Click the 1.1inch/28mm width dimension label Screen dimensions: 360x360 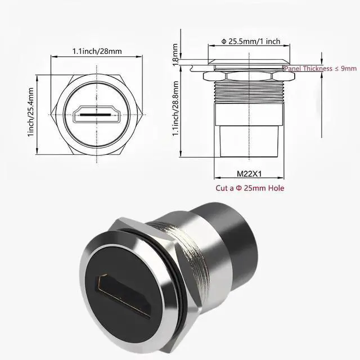pyautogui.click(x=97, y=51)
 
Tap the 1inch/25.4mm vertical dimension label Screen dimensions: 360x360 pyautogui.click(x=31, y=112)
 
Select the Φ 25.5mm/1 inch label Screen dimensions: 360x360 pyautogui.click(x=251, y=41)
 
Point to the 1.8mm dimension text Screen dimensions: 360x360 pyautogui.click(x=175, y=55)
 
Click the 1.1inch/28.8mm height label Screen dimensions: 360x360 pyautogui.click(x=175, y=109)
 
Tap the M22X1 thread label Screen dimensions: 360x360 pyautogui.click(x=249, y=174)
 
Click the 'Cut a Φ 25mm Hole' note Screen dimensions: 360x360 pyautogui.click(x=250, y=188)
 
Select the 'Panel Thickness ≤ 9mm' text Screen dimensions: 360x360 pyautogui.click(x=321, y=69)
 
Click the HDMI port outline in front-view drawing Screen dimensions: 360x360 pyautogui.click(x=97, y=114)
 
